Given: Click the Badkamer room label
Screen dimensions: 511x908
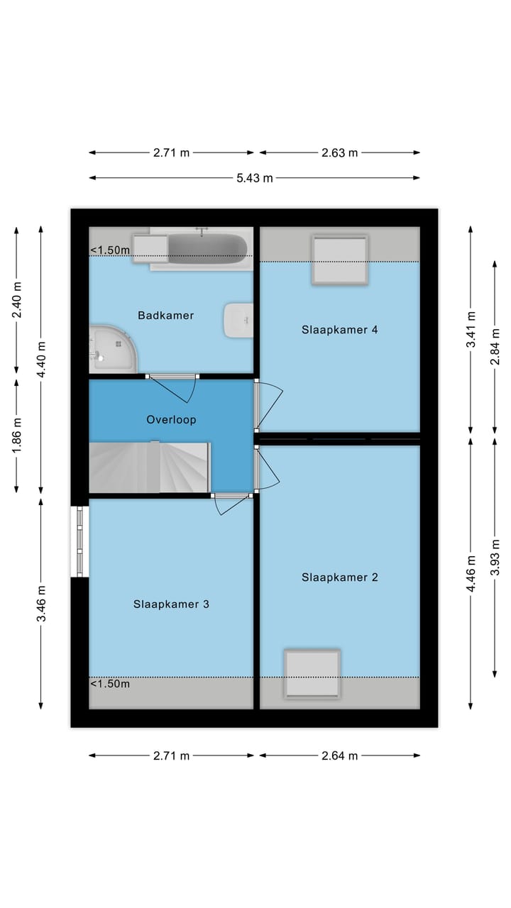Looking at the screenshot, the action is tap(165, 316).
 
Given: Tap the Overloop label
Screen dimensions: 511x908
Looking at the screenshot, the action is tap(171, 419).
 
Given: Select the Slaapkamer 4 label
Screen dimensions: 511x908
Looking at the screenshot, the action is tap(339, 330).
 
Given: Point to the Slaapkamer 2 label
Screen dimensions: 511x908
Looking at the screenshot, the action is tap(339, 577).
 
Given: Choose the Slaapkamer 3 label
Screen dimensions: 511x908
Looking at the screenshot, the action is tap(171, 604).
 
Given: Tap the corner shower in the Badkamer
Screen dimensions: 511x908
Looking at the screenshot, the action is tap(113, 349).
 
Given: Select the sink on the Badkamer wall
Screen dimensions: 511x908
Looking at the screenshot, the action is tap(238, 320).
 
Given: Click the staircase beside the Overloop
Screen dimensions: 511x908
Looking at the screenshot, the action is tap(149, 467).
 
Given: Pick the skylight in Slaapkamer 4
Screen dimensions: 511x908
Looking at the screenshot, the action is tap(340, 260).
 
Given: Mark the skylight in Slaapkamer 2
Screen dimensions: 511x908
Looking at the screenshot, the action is tap(312, 674).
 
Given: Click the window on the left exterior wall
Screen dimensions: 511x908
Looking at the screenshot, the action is tap(80, 541).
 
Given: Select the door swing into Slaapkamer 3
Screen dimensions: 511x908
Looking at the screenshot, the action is tap(231, 504).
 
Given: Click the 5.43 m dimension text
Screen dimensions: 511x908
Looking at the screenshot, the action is tap(255, 178).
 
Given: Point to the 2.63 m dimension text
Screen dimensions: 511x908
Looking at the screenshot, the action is tap(340, 153).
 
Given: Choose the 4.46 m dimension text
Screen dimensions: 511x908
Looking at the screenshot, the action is tap(471, 574).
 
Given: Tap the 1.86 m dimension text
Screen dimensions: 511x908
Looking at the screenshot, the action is tap(16, 436).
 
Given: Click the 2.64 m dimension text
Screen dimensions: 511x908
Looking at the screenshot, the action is tap(340, 756).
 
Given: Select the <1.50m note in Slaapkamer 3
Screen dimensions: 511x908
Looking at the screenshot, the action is tap(110, 684).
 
